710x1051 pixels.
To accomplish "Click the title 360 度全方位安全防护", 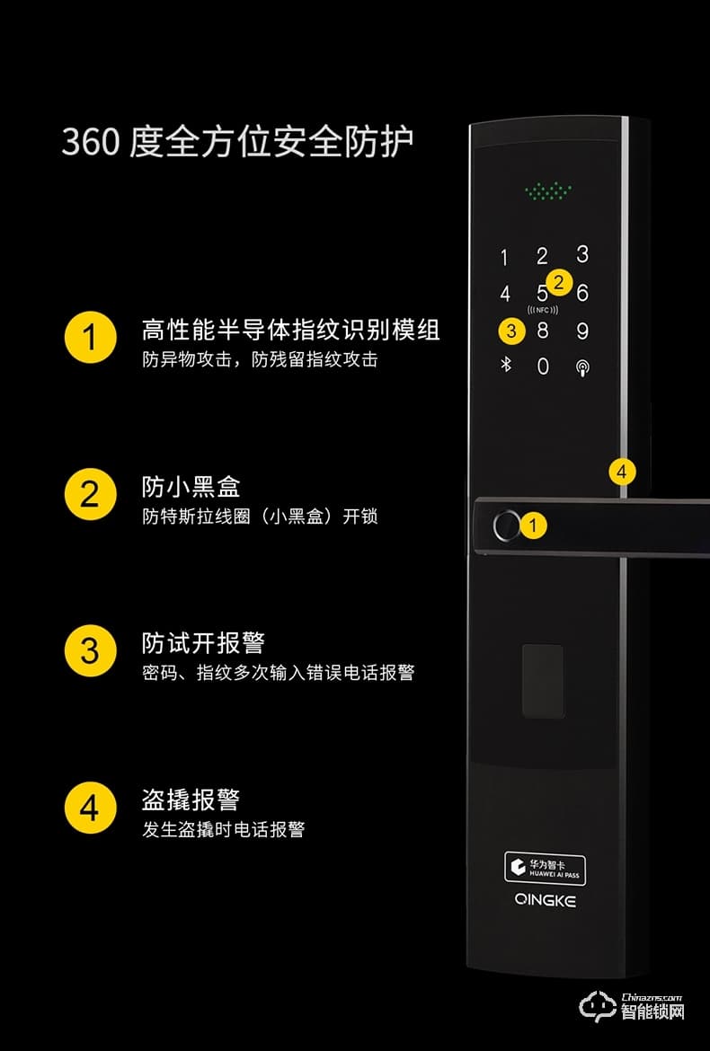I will pyautogui.click(x=237, y=143).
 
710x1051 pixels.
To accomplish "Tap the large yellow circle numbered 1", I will pyautogui.click(x=90, y=339).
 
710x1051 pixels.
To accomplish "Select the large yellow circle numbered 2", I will pyautogui.click(x=90, y=494).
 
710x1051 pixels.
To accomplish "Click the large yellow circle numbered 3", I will pyautogui.click(x=90, y=650).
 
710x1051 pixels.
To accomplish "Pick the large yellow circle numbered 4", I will pyautogui.click(x=90, y=807).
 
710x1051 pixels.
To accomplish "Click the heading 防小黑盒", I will pyautogui.click(x=191, y=487).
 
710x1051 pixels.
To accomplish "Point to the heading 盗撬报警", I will pyautogui.click(x=191, y=799).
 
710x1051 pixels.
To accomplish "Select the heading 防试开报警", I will pyautogui.click(x=203, y=643).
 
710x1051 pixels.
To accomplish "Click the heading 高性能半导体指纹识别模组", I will pyautogui.click(x=290, y=331).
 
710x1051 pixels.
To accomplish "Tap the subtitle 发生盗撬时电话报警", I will pyautogui.click(x=223, y=829).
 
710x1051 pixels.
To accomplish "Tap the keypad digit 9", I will pyautogui.click(x=582, y=331).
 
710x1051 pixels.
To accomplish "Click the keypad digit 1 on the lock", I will pyautogui.click(x=504, y=259).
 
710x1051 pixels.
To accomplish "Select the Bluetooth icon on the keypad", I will pyautogui.click(x=505, y=367).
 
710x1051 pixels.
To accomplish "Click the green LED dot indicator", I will pyautogui.click(x=547, y=190).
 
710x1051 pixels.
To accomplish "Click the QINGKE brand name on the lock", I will pyautogui.click(x=546, y=901).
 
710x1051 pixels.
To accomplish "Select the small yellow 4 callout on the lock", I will pyautogui.click(x=622, y=471).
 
